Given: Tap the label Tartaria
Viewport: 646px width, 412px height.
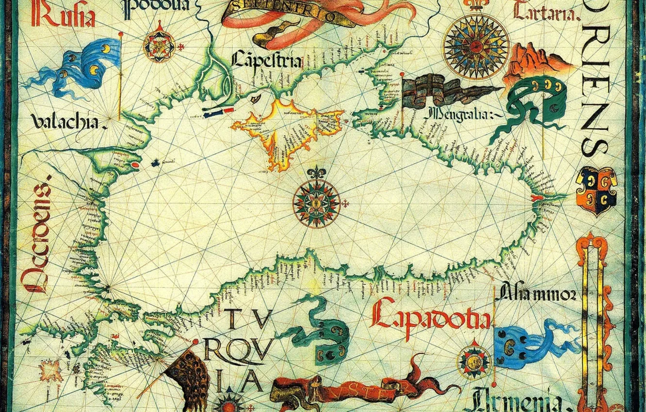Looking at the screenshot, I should tap(546, 12).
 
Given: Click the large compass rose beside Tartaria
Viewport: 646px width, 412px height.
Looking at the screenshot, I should tap(477, 46).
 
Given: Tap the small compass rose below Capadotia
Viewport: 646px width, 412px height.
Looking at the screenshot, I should tap(473, 361).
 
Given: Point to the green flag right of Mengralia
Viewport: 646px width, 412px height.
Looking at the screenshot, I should tap(538, 104).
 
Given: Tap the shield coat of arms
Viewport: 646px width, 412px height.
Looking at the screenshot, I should tap(596, 189).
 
